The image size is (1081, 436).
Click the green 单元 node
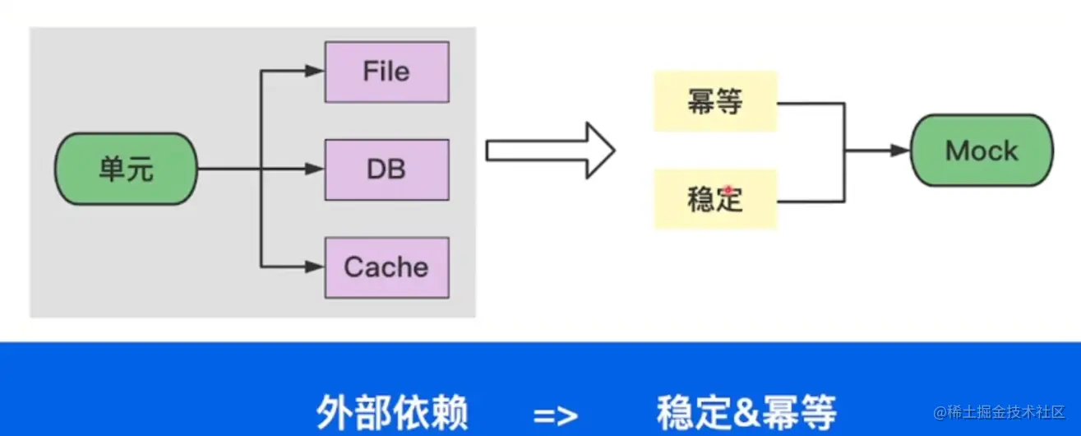point(126,170)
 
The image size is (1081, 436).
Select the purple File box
point(386,72)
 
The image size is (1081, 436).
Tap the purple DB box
point(386,169)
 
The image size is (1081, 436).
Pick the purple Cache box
point(386,267)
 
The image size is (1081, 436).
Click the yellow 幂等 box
point(715,102)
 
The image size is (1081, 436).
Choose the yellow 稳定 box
point(715,199)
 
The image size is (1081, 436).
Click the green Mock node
point(982,151)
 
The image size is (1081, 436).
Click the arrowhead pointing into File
point(315,72)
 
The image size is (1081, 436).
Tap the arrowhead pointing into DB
point(315,169)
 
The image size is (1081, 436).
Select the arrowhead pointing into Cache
point(315,267)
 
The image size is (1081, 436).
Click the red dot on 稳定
point(728,190)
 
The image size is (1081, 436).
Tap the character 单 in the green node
point(111,170)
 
